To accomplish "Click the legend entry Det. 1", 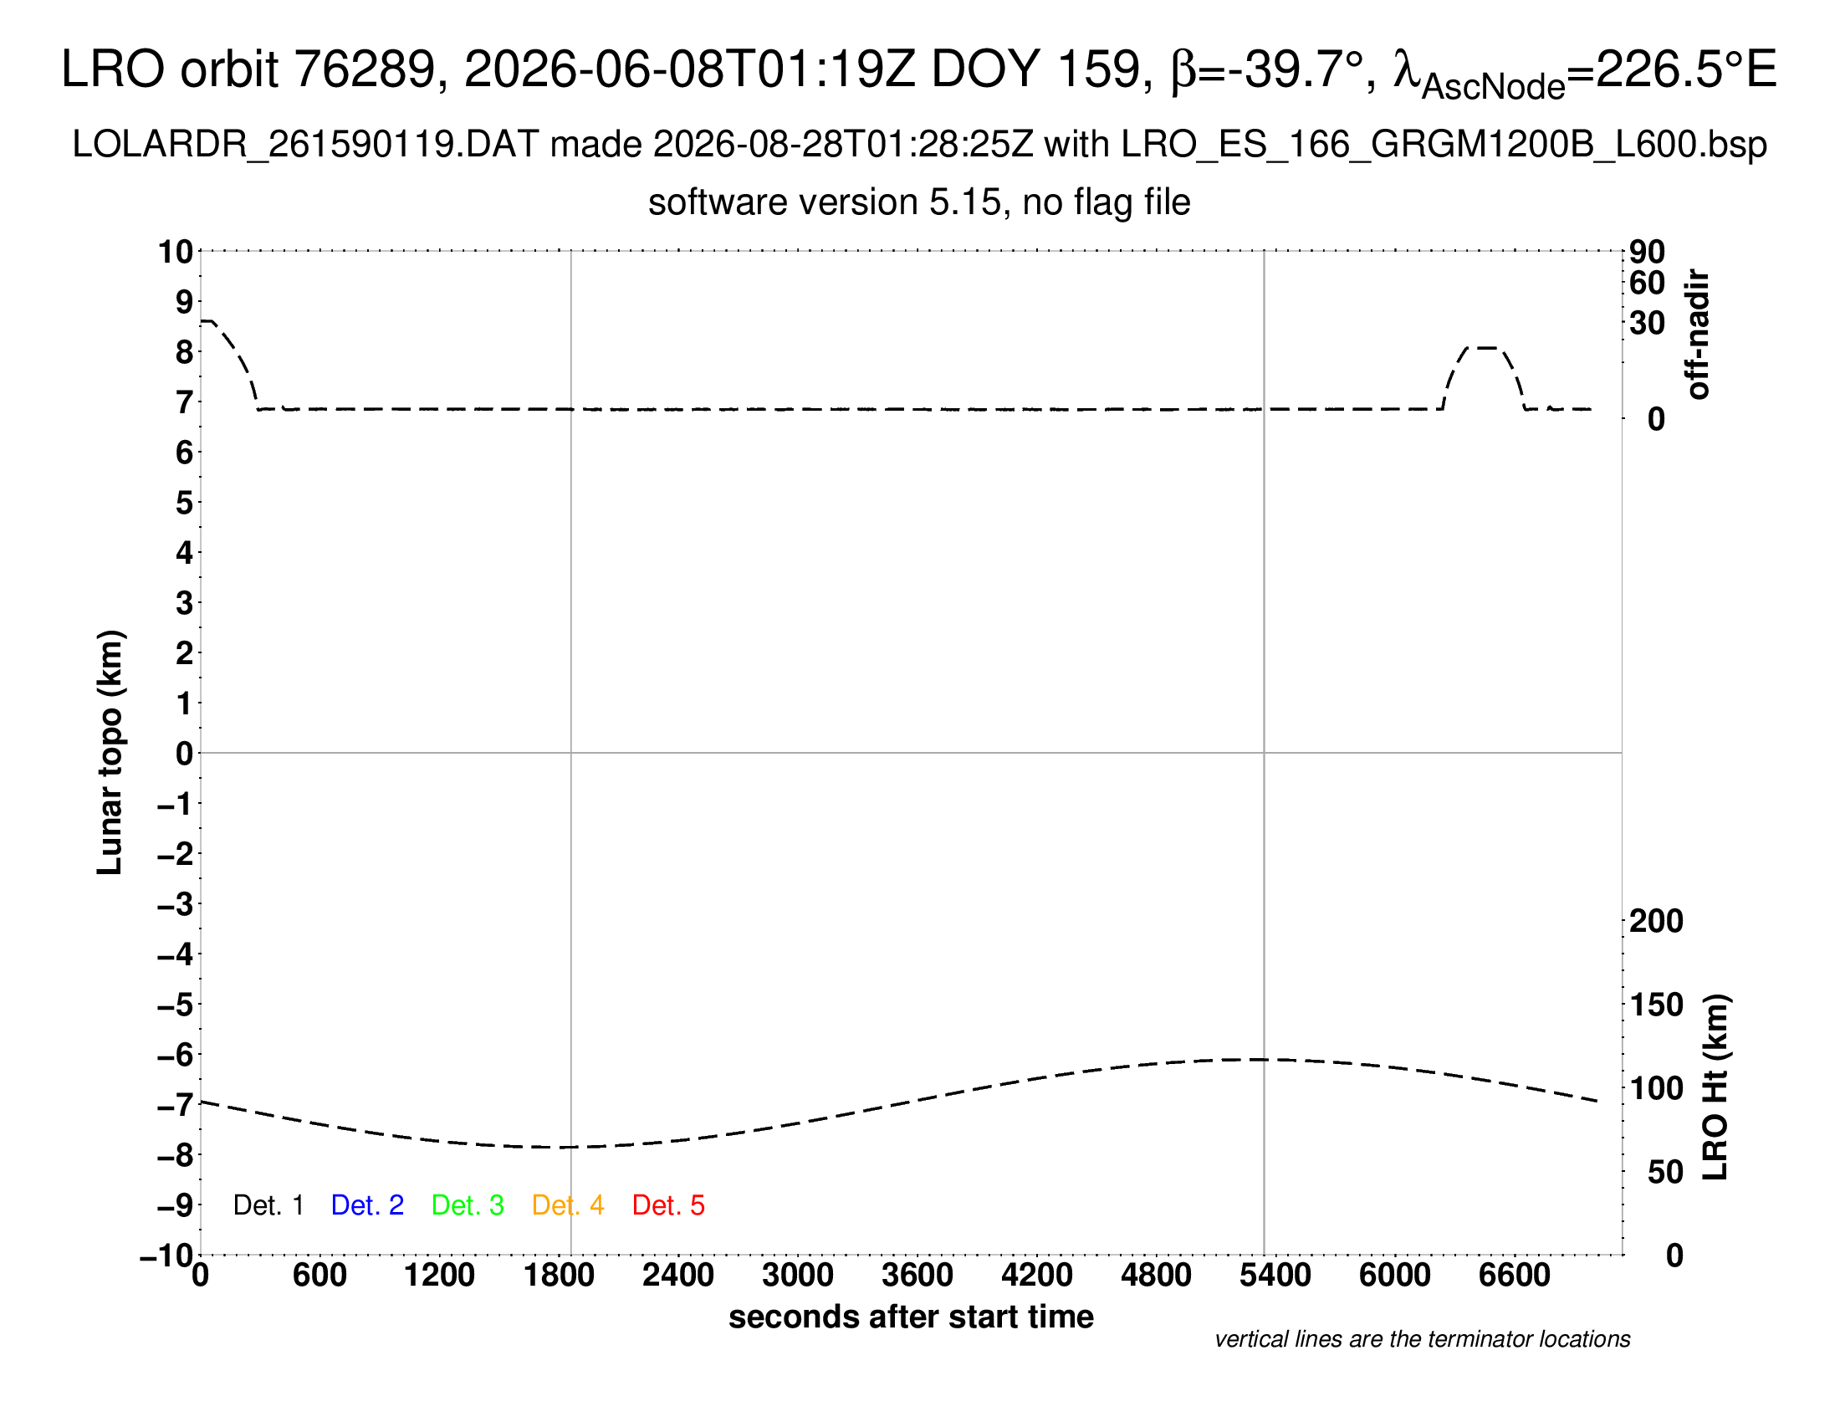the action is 268,1205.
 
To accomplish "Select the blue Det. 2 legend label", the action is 367,1205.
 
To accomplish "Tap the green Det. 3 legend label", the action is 468,1205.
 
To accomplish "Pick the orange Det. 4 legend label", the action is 568,1205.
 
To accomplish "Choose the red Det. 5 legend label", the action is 668,1205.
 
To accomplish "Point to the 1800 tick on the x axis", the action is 559,1276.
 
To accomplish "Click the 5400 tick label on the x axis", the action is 1275,1276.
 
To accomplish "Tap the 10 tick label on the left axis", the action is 176,251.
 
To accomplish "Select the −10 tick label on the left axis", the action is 166,1256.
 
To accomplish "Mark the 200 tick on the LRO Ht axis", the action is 1656,921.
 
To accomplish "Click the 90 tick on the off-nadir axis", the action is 1647,251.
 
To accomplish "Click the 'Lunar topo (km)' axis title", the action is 110,752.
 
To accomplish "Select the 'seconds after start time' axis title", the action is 911,1317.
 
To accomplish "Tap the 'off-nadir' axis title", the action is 1698,335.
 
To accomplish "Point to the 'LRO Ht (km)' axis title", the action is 1715,1087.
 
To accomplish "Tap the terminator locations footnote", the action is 1422,1339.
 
